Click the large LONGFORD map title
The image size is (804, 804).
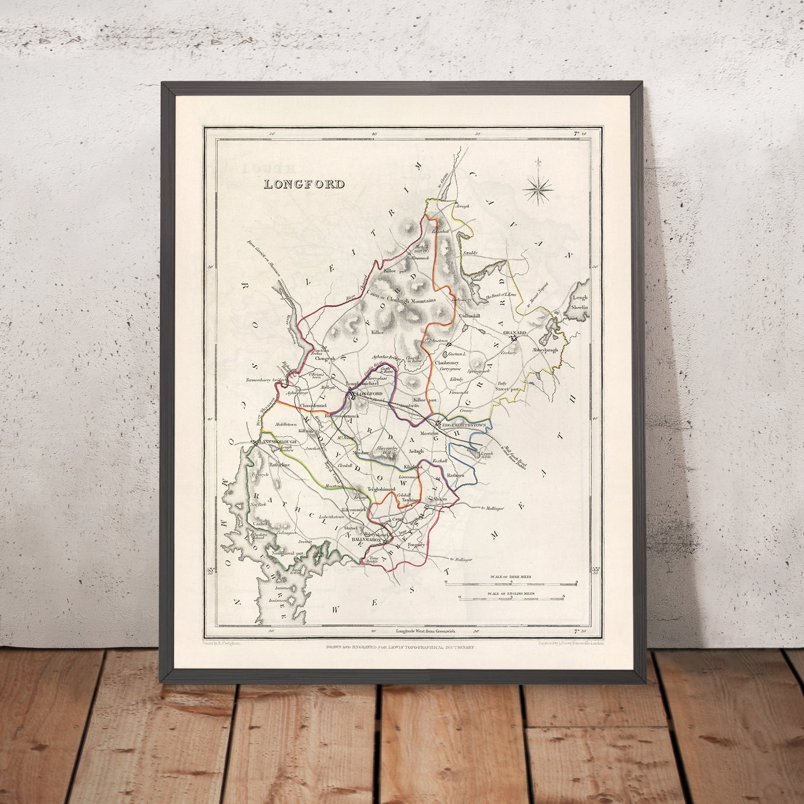coord(304,184)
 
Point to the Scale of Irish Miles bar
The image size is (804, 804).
coord(511,584)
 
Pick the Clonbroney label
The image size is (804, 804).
coord(449,364)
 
